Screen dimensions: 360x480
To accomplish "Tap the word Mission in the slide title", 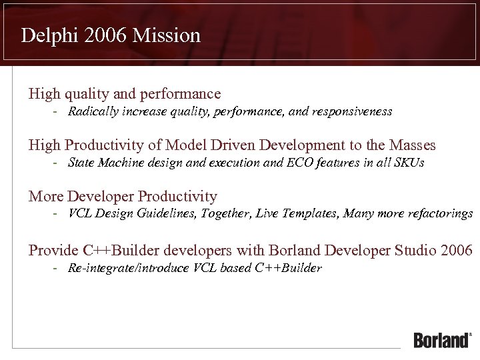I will pos(166,35).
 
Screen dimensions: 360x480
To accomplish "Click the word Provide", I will pos(53,251).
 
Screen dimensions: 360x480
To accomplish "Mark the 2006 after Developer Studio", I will pos(457,251).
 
